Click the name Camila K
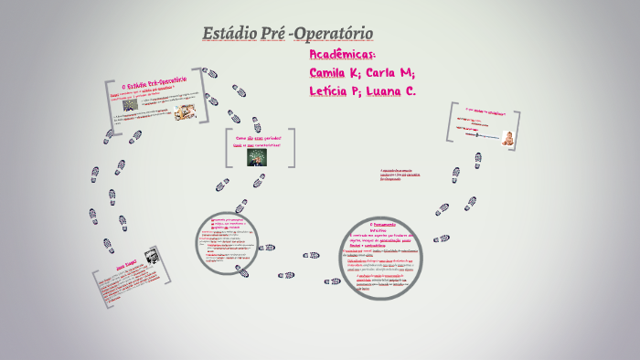click(x=335, y=72)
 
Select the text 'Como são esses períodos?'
click(x=259, y=137)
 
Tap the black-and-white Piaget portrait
click(x=152, y=259)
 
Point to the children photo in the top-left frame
click(x=187, y=111)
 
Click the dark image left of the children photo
click(x=131, y=104)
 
